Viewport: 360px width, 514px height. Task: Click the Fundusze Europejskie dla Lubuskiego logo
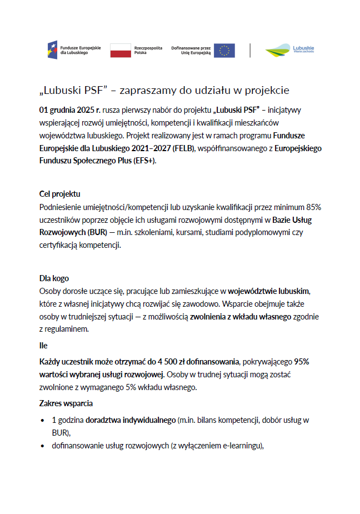pos(74,51)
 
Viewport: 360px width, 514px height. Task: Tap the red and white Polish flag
pos(121,51)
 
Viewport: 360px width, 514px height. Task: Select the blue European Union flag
pos(224,51)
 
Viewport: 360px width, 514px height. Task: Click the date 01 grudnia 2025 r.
pos(69,110)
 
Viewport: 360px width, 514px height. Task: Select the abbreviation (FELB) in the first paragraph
pos(182,148)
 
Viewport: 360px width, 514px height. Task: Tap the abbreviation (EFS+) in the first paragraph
pos(143,161)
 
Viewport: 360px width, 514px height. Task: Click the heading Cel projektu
pos(60,194)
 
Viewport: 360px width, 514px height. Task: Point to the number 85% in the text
pos(312,207)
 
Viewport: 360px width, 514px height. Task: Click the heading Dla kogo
pos(54,278)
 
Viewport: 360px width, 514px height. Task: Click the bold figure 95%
pos(302,361)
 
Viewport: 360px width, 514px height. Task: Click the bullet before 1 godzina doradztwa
pos(43,420)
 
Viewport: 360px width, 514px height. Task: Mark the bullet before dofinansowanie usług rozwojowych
pos(43,446)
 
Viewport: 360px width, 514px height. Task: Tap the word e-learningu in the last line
pos(239,446)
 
